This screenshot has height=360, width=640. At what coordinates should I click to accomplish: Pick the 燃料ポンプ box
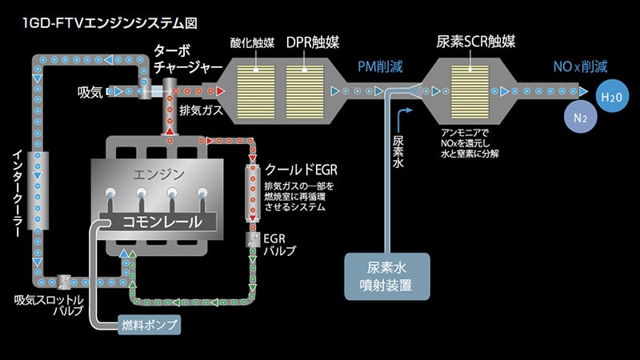[149, 324]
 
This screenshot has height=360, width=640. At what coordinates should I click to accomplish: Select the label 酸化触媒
[252, 42]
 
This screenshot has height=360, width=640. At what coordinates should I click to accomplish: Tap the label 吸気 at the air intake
[90, 92]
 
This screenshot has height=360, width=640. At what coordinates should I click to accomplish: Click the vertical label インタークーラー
[17, 188]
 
